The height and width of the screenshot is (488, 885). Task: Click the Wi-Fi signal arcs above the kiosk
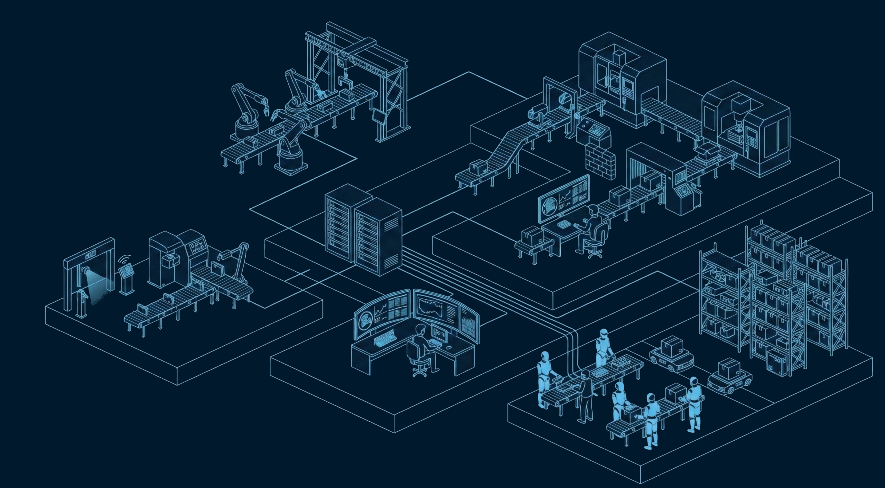[125, 260]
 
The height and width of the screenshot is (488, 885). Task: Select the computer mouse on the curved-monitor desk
[448, 347]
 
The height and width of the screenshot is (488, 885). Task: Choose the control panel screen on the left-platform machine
[197, 248]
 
